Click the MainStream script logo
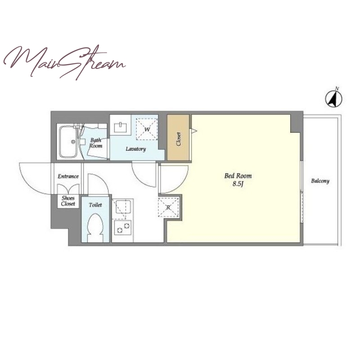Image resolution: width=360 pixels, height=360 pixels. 64,62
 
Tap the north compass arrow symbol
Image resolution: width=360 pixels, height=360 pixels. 333,99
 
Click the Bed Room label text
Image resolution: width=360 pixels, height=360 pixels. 238,176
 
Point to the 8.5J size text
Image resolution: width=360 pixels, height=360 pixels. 238,184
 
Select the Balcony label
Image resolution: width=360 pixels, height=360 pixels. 320,181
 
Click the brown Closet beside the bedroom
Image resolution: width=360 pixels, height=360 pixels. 178,137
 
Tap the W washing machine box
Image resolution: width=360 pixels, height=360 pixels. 147,129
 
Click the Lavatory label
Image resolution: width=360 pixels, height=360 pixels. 136,149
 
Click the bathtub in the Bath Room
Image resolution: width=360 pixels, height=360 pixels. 69,142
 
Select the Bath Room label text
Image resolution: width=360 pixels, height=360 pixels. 96,143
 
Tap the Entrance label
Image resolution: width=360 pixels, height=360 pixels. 68,176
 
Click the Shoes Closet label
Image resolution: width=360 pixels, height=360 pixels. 68,201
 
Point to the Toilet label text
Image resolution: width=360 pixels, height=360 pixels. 95,205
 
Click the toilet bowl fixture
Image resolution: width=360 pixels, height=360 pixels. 95,228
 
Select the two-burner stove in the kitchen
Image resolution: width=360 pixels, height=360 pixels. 123,228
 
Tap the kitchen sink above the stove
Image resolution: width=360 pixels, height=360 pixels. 123,207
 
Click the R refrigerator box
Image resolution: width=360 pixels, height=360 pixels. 168,207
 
